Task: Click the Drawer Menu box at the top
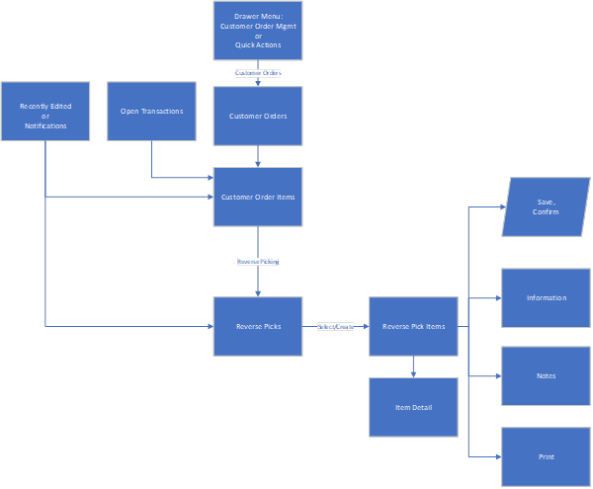258,30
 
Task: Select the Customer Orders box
258,117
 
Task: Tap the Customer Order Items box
258,197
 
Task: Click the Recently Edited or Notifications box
45,112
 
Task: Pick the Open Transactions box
151,112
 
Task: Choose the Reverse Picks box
258,326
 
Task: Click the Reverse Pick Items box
413,326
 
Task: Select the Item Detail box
413,407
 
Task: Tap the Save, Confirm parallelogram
546,207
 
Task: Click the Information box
546,297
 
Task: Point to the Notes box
546,375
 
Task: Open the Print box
546,456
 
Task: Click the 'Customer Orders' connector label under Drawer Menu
258,73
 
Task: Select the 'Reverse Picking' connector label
258,262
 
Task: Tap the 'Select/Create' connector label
335,326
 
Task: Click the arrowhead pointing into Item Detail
413,373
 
